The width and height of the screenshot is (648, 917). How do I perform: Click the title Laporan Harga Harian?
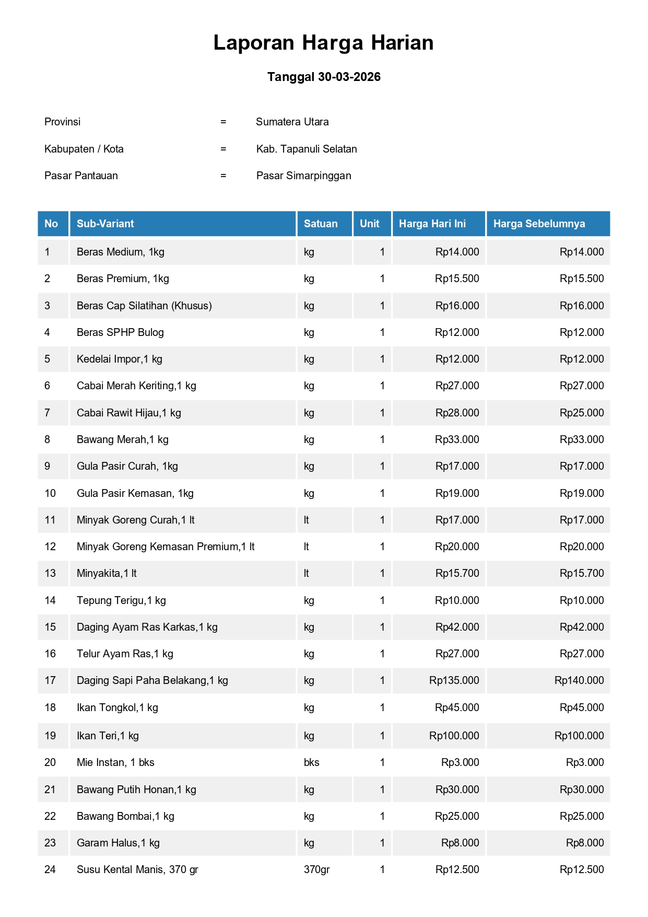[x=323, y=43]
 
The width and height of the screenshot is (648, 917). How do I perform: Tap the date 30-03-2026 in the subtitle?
[x=349, y=77]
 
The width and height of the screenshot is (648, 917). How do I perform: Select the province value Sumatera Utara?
[x=292, y=122]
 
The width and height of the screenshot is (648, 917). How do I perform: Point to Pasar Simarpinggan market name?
[x=303, y=176]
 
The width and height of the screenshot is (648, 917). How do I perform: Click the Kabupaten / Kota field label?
[x=84, y=149]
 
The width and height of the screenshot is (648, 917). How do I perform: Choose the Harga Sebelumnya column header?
[x=539, y=224]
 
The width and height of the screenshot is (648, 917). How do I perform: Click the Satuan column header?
[x=320, y=224]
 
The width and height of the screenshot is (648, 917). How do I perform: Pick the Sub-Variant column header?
[x=105, y=224]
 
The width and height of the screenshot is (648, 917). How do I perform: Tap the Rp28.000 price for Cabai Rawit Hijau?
[x=457, y=413]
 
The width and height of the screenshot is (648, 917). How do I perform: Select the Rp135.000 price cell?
[x=454, y=680]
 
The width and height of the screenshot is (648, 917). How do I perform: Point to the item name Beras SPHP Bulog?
[x=120, y=332]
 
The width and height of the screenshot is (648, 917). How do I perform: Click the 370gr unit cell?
[x=316, y=869]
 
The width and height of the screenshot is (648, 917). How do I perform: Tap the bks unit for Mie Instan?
[x=311, y=762]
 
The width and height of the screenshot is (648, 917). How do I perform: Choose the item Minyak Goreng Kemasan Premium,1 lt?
[x=166, y=547]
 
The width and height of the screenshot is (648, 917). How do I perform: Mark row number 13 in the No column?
[x=50, y=573]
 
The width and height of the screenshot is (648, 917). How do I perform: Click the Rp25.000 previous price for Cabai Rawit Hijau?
[x=581, y=413]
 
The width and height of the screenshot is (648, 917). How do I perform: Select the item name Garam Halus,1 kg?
[x=118, y=843]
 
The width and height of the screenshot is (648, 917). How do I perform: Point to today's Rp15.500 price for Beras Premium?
[x=457, y=278]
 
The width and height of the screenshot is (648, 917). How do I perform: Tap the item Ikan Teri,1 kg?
[x=108, y=736]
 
